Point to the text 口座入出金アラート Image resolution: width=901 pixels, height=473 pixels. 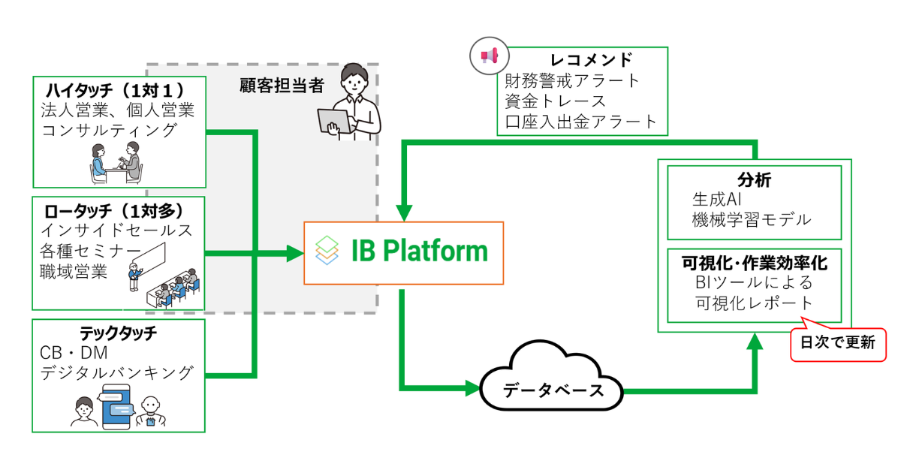[580, 120]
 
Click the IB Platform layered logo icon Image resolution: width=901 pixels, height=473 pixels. [327, 250]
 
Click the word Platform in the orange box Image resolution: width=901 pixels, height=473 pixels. [435, 250]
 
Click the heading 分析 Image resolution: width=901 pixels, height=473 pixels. [754, 180]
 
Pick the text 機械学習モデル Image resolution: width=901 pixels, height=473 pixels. [752, 219]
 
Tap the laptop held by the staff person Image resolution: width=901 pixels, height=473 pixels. [335, 121]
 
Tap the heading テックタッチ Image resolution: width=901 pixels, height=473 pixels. [117, 333]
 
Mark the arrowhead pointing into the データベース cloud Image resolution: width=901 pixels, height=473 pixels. [472, 389]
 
